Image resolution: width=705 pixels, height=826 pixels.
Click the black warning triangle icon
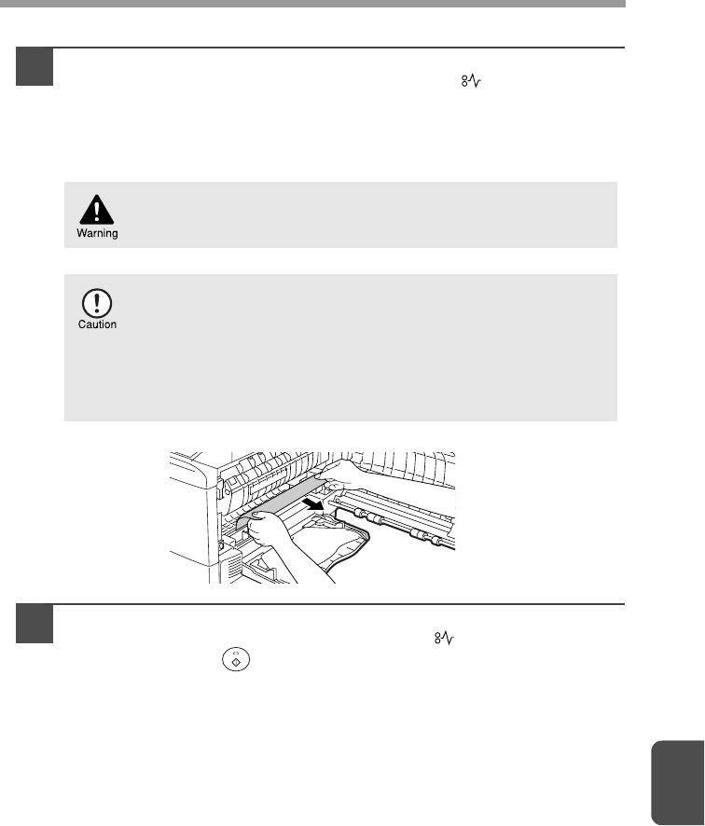pyautogui.click(x=96, y=210)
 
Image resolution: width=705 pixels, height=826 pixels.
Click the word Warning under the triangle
pyautogui.click(x=98, y=233)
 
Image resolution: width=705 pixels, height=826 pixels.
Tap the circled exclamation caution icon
pyautogui.click(x=97, y=303)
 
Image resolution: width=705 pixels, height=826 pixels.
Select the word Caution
pyautogui.click(x=98, y=324)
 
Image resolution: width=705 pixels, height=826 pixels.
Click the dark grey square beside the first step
pyautogui.click(x=35, y=66)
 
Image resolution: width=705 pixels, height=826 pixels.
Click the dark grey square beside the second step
pyautogui.click(x=35, y=624)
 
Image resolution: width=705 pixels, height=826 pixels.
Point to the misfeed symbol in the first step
pyautogui.click(x=472, y=81)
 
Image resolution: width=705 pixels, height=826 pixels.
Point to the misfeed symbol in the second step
pyautogui.click(x=444, y=639)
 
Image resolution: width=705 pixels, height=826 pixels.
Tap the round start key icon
pyautogui.click(x=236, y=659)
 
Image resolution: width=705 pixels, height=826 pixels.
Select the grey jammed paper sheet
pyautogui.click(x=282, y=503)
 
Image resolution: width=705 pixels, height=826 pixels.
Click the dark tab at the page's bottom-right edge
pyautogui.click(x=678, y=783)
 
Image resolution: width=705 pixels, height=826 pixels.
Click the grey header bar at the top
pyautogui.click(x=312, y=4)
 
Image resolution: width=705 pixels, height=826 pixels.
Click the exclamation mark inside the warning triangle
pyautogui.click(x=96, y=212)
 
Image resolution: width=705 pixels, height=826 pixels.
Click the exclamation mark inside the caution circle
pyautogui.click(x=97, y=303)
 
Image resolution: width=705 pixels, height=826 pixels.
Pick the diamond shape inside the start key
pyautogui.click(x=236, y=662)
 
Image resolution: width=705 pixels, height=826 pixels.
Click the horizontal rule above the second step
pyautogui.click(x=321, y=604)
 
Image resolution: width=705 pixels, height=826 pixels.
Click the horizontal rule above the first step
pyautogui.click(x=321, y=48)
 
